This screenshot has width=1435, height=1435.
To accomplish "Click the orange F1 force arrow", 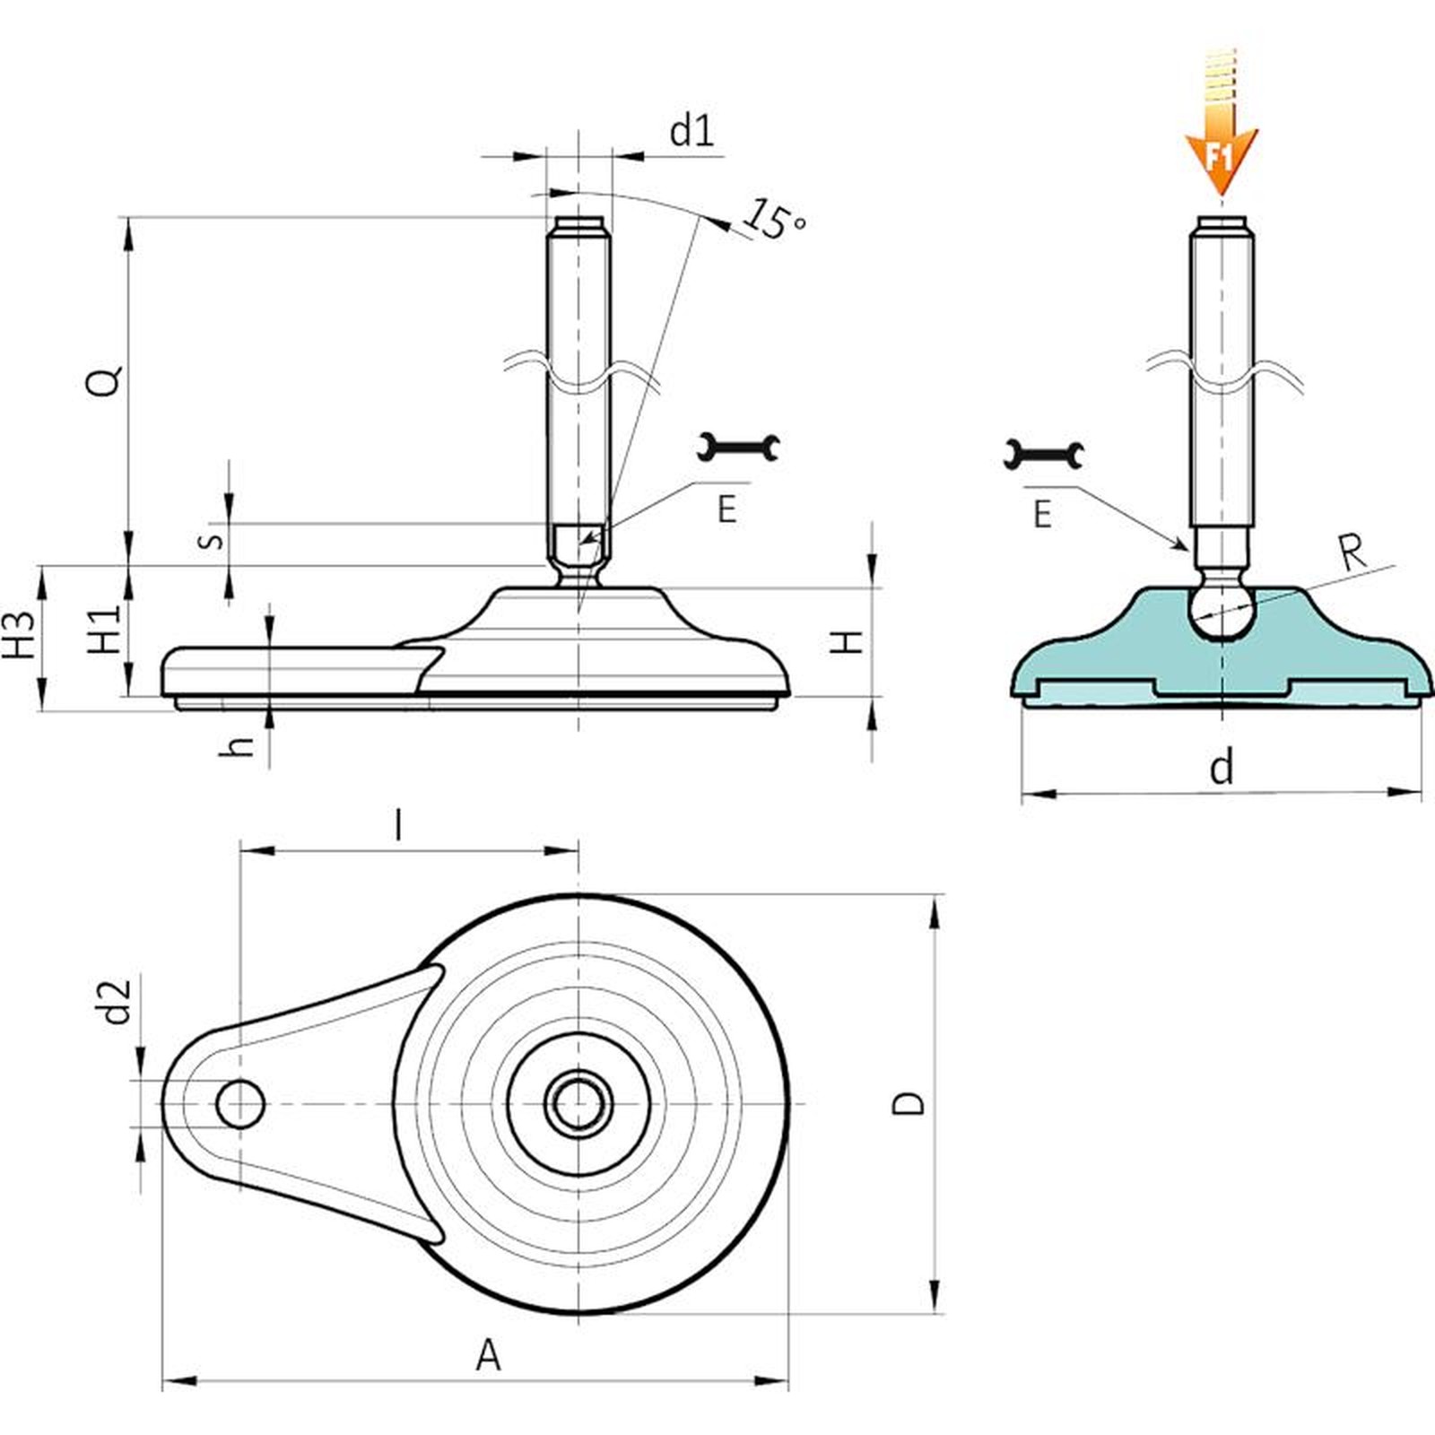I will (1221, 143).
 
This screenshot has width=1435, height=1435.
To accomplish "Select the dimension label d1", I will (692, 132).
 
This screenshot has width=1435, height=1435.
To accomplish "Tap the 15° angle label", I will (776, 219).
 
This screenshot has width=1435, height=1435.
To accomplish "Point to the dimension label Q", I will (103, 381).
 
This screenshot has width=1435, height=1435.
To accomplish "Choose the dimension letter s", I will (210, 540).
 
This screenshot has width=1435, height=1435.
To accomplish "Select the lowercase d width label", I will (1222, 768).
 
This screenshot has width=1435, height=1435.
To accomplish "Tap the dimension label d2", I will (117, 1001).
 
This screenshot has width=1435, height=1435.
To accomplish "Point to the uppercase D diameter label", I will (909, 1102).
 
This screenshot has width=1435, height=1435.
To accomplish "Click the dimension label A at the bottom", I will (488, 1355).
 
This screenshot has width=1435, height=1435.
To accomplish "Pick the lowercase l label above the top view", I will (398, 824).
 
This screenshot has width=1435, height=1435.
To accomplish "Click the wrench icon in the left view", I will (738, 447).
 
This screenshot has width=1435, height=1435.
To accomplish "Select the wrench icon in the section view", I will (1043, 454).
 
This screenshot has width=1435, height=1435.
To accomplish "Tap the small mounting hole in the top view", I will (239, 1103).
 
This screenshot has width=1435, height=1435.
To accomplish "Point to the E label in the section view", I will (1042, 515).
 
